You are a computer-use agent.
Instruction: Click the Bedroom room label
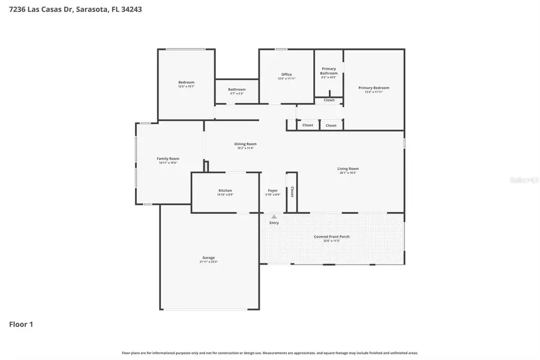click(x=186, y=82)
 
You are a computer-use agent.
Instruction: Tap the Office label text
click(x=286, y=74)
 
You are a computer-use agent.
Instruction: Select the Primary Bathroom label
click(x=329, y=71)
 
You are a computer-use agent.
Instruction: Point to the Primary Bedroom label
click(x=373, y=88)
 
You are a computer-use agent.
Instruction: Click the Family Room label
click(x=168, y=158)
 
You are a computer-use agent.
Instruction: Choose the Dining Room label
click(x=245, y=144)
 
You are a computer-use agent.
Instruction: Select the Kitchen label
click(x=225, y=191)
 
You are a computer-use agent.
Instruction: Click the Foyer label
click(x=272, y=191)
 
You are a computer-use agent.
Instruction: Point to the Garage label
click(x=208, y=258)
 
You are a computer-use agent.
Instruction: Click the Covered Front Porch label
click(x=331, y=236)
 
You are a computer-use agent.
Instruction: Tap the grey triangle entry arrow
click(x=274, y=217)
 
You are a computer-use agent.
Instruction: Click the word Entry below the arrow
click(x=274, y=223)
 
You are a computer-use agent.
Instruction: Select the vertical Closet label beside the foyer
click(x=292, y=192)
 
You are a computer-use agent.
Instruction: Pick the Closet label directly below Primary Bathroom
click(x=329, y=100)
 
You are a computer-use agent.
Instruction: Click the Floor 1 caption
click(x=21, y=325)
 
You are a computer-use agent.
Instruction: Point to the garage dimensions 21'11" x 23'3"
click(x=208, y=262)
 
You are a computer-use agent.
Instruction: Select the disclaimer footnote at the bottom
click(x=270, y=353)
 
